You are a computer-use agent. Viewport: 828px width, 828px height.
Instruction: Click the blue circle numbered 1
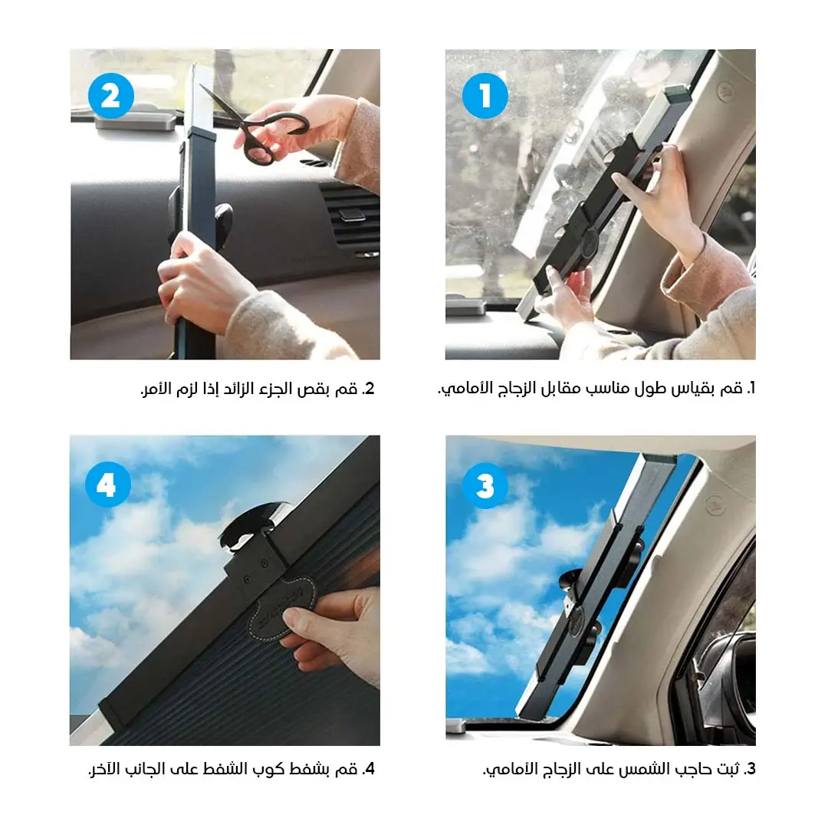[485, 96]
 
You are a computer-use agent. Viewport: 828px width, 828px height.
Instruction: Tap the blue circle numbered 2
[111, 96]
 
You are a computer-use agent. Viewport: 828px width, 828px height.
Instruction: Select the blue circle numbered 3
[485, 485]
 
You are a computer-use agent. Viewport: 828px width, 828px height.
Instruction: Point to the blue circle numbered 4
[108, 485]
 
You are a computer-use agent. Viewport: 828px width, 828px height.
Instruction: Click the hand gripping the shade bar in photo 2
[198, 280]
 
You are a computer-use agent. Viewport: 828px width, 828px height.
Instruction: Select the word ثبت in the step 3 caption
[729, 769]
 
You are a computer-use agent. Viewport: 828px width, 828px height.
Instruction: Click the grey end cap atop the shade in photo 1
[678, 94]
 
